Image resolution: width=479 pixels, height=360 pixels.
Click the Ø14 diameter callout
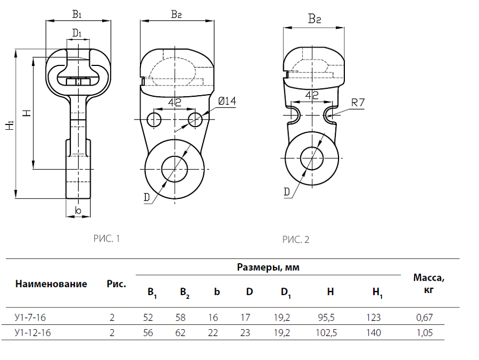click(227, 101)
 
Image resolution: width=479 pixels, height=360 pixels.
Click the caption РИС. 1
click(106, 238)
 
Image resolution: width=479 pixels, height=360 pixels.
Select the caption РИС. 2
click(296, 239)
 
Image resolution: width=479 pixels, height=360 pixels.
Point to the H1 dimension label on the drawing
click(9, 125)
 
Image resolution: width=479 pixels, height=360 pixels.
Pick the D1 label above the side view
click(77, 34)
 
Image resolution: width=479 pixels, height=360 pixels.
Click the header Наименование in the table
click(51, 284)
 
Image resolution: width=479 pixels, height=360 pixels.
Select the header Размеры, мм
click(268, 267)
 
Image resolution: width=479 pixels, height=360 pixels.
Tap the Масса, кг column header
click(428, 283)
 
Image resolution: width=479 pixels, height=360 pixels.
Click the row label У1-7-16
click(30, 318)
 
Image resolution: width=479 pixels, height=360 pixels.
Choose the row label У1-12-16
click(32, 333)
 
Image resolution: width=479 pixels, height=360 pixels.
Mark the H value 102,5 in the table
click(331, 333)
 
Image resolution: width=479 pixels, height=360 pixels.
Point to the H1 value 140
click(374, 333)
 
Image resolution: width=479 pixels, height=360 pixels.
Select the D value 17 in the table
click(245, 318)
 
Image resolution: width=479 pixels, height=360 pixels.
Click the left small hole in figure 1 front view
click(155, 119)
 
